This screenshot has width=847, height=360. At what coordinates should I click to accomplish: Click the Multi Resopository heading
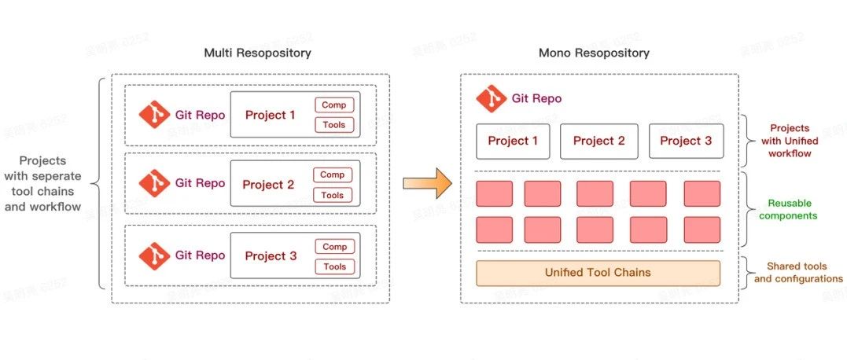point(257,53)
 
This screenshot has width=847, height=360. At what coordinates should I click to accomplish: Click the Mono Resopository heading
point(594,53)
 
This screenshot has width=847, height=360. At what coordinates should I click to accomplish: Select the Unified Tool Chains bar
point(598,273)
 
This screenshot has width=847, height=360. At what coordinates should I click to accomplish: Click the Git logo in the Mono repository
point(491,99)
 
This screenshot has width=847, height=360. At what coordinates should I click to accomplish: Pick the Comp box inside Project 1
point(334,105)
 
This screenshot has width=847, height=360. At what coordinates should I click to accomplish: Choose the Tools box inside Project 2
point(333,195)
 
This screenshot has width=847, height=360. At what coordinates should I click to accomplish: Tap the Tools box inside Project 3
point(334,266)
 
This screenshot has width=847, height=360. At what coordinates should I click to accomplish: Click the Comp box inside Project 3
point(334,247)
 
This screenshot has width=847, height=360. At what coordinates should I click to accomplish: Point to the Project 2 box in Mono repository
point(598,141)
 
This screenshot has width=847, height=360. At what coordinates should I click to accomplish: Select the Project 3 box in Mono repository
point(685,141)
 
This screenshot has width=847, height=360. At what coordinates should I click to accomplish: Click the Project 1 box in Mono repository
point(513,141)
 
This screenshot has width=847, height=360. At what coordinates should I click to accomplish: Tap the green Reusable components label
point(790,209)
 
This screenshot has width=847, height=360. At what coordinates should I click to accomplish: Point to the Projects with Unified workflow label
point(790,141)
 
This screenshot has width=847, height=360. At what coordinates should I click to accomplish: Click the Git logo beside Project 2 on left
point(154,184)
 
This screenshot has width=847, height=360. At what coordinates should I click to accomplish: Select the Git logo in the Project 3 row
point(154,255)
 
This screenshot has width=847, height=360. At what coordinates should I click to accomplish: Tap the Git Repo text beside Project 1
point(200,115)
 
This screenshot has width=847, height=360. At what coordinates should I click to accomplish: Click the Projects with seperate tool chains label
point(43,184)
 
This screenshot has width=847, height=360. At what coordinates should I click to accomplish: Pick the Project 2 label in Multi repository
point(268,185)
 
